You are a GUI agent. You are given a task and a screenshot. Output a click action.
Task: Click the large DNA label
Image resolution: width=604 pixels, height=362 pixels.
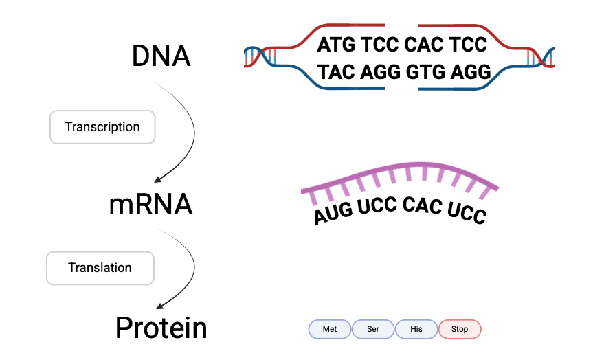[x=161, y=56]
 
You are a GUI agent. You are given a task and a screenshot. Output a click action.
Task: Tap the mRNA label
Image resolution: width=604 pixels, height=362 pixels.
[x=150, y=205]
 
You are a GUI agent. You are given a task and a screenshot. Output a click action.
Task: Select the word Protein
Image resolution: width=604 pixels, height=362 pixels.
[x=161, y=328]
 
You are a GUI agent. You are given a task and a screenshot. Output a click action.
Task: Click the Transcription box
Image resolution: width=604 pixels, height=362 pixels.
[x=102, y=127]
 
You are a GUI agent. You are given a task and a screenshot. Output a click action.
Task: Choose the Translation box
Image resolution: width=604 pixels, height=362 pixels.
[x=100, y=268]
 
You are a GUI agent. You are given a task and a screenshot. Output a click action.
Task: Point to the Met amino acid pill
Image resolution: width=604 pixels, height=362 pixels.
[x=330, y=329]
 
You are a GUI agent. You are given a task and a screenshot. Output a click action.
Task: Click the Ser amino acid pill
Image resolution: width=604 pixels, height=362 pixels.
[x=373, y=329]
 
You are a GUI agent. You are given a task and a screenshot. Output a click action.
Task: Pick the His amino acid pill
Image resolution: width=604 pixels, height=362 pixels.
[x=416, y=329]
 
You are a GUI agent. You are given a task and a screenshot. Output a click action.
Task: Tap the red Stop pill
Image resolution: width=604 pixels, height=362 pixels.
[x=460, y=329]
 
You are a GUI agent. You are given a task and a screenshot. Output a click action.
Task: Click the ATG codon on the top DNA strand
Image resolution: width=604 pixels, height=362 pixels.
[x=336, y=45]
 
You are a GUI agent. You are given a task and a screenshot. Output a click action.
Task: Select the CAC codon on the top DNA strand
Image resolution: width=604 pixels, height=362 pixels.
[x=423, y=45]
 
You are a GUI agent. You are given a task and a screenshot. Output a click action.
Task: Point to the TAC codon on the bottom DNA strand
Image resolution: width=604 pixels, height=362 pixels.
[x=336, y=72]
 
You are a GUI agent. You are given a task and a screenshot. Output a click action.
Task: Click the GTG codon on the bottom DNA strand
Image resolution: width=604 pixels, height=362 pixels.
[x=425, y=72]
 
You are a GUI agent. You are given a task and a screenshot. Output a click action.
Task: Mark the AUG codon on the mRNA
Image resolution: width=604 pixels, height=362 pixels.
[x=333, y=213]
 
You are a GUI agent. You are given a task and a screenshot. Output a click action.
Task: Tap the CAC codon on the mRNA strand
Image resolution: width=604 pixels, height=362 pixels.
[x=422, y=205]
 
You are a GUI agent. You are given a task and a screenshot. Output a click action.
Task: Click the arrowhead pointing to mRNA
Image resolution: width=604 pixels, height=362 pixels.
[x=157, y=179]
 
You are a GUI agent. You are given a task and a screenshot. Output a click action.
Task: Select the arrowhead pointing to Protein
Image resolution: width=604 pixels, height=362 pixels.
[x=159, y=306]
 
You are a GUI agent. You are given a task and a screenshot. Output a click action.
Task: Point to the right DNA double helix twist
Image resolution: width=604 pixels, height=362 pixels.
[x=541, y=57]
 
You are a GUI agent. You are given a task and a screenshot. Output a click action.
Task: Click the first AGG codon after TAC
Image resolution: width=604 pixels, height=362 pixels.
[x=380, y=72]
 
